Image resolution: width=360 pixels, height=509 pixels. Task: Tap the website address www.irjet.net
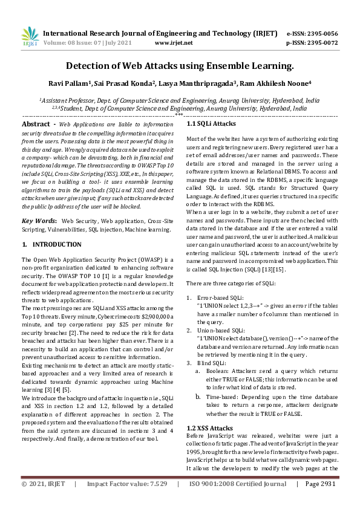click(174, 43)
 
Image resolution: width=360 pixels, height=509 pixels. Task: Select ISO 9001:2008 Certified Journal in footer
click(237, 501)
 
